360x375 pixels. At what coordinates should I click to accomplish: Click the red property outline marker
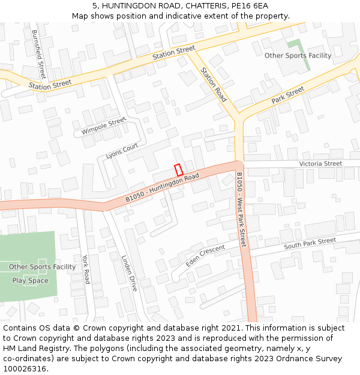178,170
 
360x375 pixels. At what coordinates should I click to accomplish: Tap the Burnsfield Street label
38,55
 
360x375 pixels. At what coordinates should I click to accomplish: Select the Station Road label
214,85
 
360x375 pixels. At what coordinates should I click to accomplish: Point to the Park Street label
288,95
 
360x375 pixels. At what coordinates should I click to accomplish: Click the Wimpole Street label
104,126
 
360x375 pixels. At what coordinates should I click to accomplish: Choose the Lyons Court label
122,151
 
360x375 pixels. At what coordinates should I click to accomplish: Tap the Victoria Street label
320,163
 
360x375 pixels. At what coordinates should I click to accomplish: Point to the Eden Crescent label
205,256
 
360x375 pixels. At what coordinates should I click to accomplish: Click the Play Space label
30,280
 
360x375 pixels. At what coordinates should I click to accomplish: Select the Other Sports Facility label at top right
298,56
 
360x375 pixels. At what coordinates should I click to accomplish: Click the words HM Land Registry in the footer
31,348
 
